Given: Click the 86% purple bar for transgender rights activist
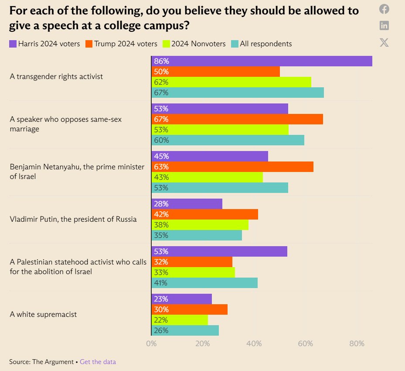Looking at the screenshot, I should [262, 61].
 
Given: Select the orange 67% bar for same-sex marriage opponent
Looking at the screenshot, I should [237, 119].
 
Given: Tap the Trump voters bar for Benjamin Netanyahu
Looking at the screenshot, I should [232, 167].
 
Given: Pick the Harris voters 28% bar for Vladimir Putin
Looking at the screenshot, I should [187, 204].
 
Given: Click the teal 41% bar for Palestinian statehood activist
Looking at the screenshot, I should [204, 283].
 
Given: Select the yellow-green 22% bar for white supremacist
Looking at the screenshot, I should [180, 320].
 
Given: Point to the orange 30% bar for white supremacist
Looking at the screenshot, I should [189, 309].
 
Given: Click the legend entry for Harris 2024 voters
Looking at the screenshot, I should [44, 44].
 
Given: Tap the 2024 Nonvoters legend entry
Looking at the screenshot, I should [194, 44].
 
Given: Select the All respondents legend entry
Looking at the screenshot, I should [262, 44].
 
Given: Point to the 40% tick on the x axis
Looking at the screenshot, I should [254, 344].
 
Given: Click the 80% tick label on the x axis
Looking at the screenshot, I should [357, 344].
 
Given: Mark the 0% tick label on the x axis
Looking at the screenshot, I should [151, 344].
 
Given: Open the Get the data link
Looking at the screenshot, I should [98, 362].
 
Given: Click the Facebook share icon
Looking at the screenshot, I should [384, 9].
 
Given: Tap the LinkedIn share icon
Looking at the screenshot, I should [384, 25].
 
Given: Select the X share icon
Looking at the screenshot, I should [384, 42].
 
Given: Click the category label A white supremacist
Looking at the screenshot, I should [43, 314].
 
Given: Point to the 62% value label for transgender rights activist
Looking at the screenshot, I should [161, 82].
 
